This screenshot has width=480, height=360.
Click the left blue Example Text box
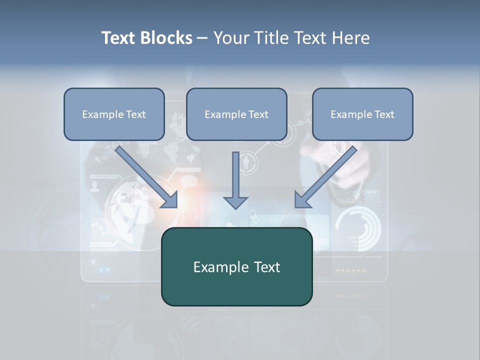click(114, 114)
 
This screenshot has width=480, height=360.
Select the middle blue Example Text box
click(236, 114)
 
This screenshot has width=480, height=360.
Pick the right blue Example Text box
click(362, 114)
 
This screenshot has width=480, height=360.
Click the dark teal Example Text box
click(236, 266)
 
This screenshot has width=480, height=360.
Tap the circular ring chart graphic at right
click(358, 228)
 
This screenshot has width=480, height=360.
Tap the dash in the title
click(202, 38)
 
